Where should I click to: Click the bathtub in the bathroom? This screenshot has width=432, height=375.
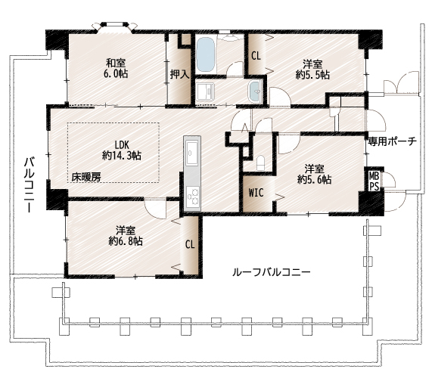[206, 54]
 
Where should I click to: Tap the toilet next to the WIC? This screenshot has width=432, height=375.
[260, 163]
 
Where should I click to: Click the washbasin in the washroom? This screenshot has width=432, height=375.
[255, 91]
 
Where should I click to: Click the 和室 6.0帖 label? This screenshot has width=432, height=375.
[116, 68]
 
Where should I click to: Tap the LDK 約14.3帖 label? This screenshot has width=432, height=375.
[122, 150]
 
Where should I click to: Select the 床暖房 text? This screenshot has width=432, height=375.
[86, 177]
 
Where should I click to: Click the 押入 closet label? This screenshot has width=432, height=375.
[179, 74]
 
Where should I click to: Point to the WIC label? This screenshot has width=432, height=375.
[256, 193]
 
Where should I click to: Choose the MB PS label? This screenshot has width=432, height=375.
[375, 181]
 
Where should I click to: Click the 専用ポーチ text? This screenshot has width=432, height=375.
[392, 141]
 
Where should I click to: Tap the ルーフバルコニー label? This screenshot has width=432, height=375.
[272, 272]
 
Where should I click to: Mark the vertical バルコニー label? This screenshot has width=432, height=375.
[30, 185]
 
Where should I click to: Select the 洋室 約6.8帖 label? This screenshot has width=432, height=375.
[126, 236]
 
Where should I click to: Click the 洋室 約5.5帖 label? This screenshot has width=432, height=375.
[312, 70]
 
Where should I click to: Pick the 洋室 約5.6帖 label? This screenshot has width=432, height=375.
[315, 174]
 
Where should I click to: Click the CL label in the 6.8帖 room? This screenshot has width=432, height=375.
[190, 244]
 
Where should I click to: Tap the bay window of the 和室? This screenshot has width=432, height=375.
[114, 26]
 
